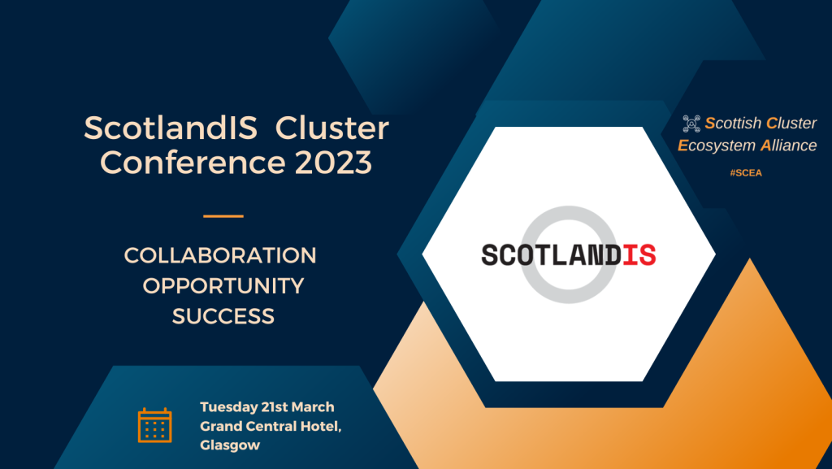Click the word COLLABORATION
(x=220, y=255)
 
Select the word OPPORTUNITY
(x=223, y=286)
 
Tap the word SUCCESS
(x=223, y=316)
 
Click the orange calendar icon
(x=154, y=424)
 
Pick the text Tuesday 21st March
(x=267, y=407)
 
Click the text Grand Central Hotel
(x=271, y=427)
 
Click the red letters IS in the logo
(x=639, y=254)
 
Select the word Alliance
(x=788, y=145)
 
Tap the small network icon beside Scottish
(x=691, y=124)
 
